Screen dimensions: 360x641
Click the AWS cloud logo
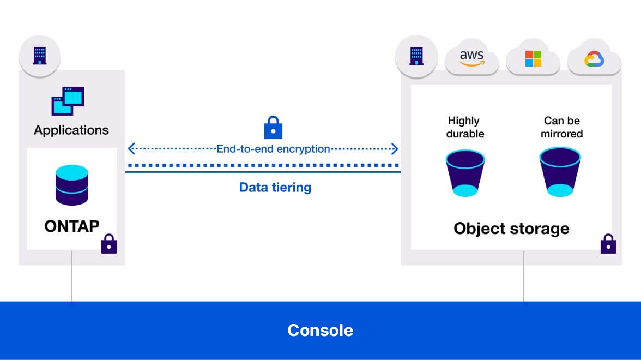tap(472, 57)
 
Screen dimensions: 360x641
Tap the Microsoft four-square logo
tap(533, 58)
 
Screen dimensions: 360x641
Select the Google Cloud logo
tap(593, 58)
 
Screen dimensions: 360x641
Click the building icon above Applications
tap(39, 56)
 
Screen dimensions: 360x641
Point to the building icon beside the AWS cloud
tap(416, 56)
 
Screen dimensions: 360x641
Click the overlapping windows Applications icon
tap(68, 101)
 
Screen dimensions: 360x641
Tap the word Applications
tap(71, 130)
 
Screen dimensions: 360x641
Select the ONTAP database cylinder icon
tap(71, 185)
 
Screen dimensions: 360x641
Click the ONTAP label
tap(72, 226)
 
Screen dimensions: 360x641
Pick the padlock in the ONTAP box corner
tap(109, 244)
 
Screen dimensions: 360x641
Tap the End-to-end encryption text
tap(273, 149)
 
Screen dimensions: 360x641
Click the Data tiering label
tap(275, 188)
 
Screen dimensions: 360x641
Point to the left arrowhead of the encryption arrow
tap(131, 149)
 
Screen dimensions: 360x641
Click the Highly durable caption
tap(465, 127)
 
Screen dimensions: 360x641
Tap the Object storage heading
tap(511, 228)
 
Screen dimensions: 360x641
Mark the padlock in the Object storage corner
tap(608, 244)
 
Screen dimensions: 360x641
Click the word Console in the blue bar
tap(320, 331)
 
